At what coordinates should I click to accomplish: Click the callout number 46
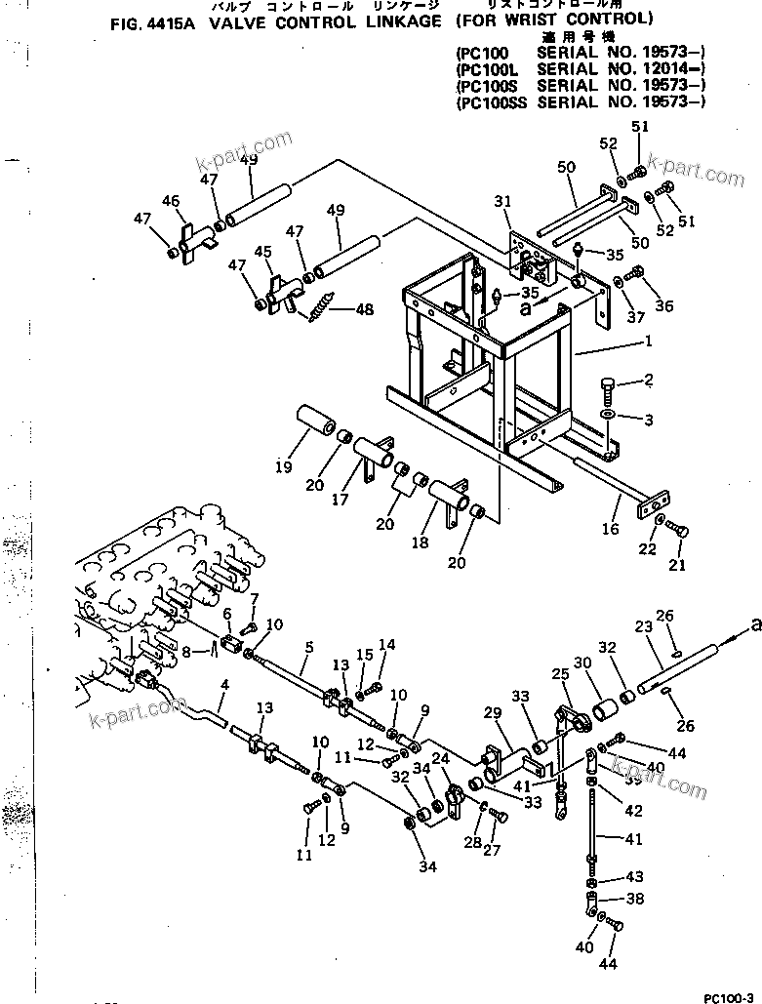point(171,201)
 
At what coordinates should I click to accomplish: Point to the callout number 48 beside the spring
point(363,310)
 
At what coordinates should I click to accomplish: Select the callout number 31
point(501,201)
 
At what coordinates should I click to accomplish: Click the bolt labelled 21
point(680,530)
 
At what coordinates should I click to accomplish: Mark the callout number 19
point(283,466)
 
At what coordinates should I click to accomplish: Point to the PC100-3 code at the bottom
point(728,995)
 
